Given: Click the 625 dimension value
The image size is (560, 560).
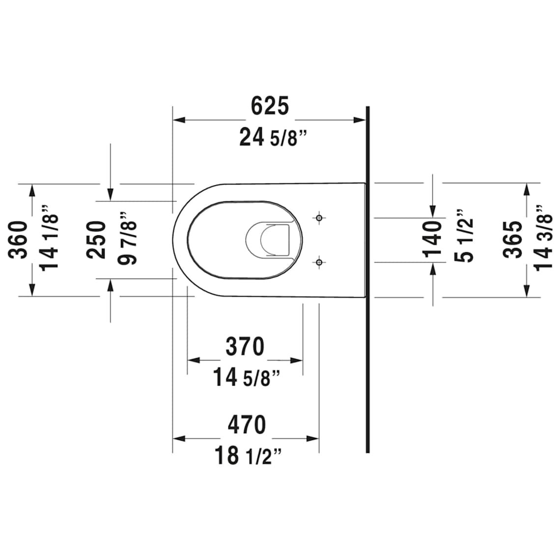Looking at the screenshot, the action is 270,106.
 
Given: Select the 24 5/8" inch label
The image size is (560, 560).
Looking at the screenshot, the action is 273,138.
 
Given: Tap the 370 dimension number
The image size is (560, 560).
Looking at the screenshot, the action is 245,346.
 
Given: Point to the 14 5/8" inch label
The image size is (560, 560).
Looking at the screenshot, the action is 247,377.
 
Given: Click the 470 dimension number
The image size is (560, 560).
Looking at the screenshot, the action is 247,424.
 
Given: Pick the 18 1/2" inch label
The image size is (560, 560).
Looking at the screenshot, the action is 248,456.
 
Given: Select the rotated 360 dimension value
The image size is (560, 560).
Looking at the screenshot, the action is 18,240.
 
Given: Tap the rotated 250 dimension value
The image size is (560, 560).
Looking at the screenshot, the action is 96,240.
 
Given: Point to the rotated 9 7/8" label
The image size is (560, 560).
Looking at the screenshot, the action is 128,238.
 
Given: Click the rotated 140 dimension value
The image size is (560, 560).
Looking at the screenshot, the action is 432,239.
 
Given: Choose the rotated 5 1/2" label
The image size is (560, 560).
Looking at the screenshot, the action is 464,236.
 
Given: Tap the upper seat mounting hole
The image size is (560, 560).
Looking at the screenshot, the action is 319,218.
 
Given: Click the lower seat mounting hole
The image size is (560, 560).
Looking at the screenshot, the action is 319,262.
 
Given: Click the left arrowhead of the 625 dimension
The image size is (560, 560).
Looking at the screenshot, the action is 179,120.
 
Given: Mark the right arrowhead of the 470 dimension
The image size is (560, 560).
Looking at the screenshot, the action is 312,439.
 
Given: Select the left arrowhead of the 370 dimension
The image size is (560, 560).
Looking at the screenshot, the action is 194,361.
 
